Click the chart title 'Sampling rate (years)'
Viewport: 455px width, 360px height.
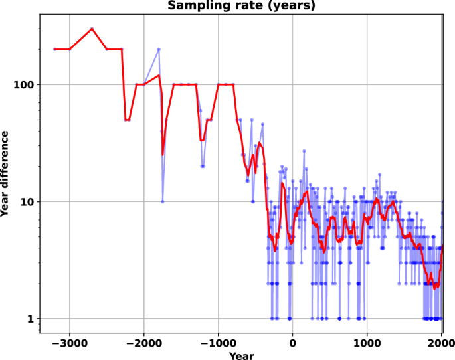click(x=241, y=6)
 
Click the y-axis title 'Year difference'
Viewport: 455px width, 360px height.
click(x=6, y=173)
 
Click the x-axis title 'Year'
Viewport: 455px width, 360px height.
click(x=241, y=356)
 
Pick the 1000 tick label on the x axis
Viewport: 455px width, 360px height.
click(x=367, y=342)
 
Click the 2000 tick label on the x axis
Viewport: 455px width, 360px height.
click(x=440, y=342)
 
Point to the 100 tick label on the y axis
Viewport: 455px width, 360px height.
click(x=24, y=85)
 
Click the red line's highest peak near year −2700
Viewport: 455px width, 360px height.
click(x=92, y=29)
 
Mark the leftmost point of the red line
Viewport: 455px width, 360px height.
click(x=54, y=49)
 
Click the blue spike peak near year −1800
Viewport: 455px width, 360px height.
click(x=159, y=49)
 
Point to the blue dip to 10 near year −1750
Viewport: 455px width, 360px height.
click(x=162, y=201)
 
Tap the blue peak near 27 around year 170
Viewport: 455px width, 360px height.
click(x=304, y=151)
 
